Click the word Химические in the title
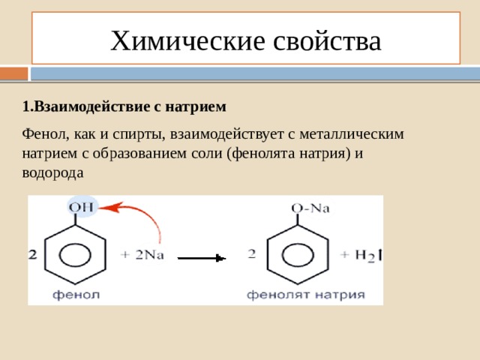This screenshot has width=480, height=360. point(187,41)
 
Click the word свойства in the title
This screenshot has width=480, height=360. point(327,41)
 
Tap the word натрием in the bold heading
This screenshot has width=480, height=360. point(196,106)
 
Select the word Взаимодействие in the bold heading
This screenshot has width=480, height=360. point(91,106)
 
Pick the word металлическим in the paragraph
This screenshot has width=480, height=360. point(352,134)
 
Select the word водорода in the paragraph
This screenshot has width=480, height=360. point(52,173)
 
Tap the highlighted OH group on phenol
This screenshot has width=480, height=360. point(81,208)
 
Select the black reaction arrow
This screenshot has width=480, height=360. point(202,258)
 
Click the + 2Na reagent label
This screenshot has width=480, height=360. point(142,255)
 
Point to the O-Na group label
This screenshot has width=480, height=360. point(310,208)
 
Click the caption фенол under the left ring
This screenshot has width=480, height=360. point(76,295)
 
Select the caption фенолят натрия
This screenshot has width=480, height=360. point(306,295)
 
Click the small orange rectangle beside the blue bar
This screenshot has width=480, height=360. point(13,73)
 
